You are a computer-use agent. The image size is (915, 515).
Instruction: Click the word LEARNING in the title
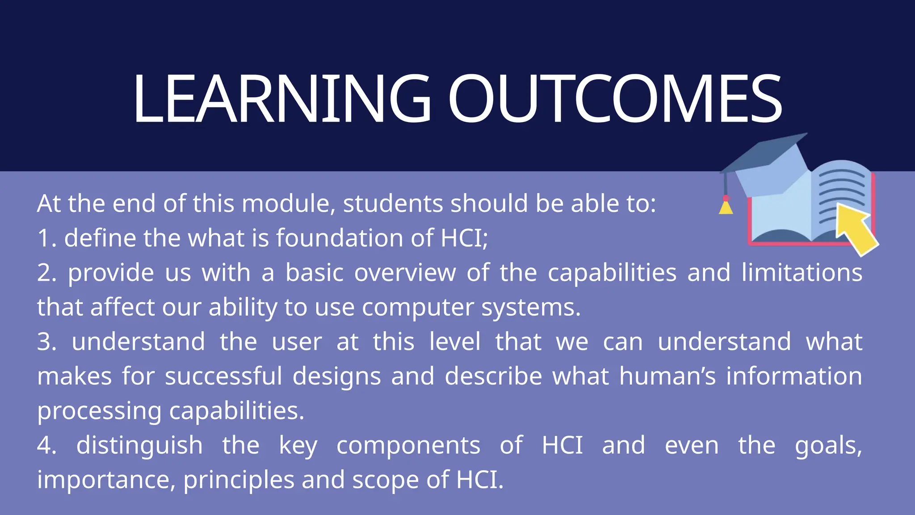[281, 98]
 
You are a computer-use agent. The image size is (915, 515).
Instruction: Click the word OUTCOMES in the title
[615, 98]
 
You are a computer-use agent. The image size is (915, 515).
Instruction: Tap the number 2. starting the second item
[46, 273]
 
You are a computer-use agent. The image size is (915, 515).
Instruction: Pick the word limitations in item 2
[802, 273]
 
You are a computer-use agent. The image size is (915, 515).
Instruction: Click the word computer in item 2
[418, 308]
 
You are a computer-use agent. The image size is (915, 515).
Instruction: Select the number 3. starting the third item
[46, 342]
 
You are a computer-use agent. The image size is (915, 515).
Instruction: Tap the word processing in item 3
[99, 411]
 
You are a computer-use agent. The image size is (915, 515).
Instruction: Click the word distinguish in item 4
[139, 446]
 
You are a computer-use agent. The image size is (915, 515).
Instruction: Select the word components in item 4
[408, 446]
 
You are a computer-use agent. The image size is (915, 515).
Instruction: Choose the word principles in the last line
[239, 480]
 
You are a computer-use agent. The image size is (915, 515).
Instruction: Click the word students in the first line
[393, 204]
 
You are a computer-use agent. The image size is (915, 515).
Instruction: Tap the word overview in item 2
[405, 273]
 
